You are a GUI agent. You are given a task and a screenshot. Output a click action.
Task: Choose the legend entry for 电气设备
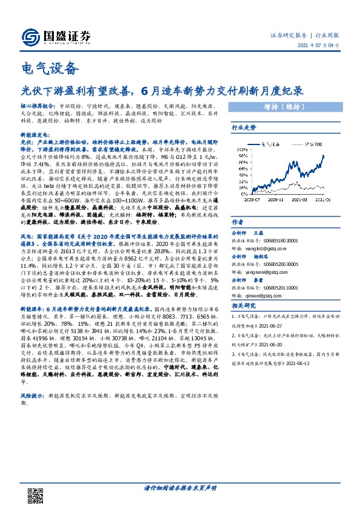click(x=272, y=144)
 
